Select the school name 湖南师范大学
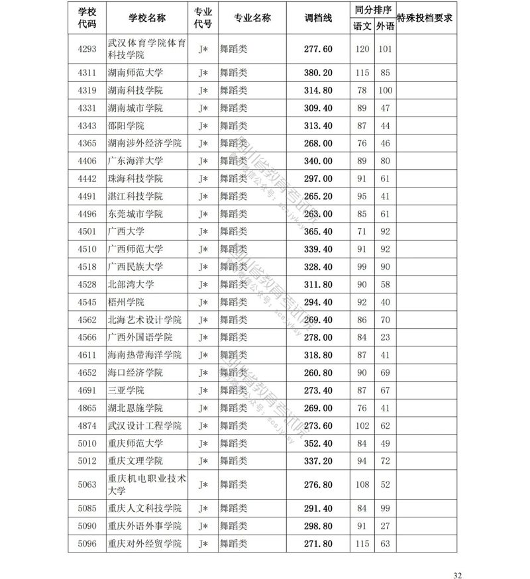click(x=135, y=72)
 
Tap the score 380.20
click(x=318, y=72)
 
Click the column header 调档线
click(x=318, y=19)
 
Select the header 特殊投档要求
click(x=424, y=19)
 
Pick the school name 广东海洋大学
click(x=135, y=161)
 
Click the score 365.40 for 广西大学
click(x=318, y=232)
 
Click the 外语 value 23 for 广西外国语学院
click(x=385, y=337)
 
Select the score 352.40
click(x=318, y=443)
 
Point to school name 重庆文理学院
click(x=135, y=460)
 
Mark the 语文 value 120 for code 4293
click(x=362, y=49)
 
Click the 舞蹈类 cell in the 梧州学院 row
click(x=233, y=302)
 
